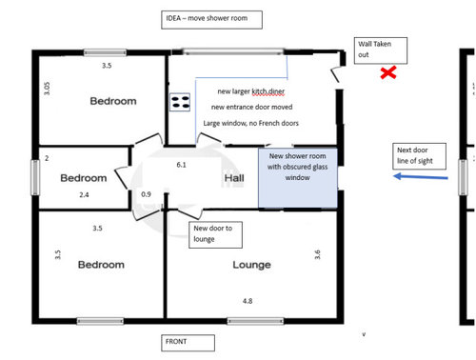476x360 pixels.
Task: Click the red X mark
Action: (x=388, y=72)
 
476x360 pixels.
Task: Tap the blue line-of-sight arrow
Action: (x=421, y=177)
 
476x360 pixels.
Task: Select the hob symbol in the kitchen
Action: (x=180, y=102)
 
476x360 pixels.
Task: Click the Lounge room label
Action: (x=251, y=265)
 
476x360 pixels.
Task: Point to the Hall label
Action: (x=234, y=178)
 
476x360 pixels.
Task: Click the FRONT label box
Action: (x=188, y=343)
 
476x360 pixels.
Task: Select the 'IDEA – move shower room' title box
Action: (x=211, y=20)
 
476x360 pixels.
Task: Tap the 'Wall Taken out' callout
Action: (x=381, y=50)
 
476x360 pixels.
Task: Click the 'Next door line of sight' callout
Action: (x=419, y=156)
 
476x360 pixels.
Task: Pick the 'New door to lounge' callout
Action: (x=215, y=234)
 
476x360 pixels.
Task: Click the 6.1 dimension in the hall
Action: (x=181, y=165)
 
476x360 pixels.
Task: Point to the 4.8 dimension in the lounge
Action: (x=248, y=301)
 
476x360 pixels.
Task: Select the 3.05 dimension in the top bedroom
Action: (x=47, y=89)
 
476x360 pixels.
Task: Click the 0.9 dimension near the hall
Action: (x=146, y=194)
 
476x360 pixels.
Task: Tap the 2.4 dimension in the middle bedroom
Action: (x=84, y=195)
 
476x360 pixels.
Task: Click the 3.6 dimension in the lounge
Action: (x=317, y=254)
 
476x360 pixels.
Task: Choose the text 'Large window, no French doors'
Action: (x=251, y=123)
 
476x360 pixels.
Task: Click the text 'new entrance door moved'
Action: (x=252, y=107)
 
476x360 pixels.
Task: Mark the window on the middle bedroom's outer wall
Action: (x=35, y=177)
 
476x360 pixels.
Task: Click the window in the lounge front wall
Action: (x=255, y=321)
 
